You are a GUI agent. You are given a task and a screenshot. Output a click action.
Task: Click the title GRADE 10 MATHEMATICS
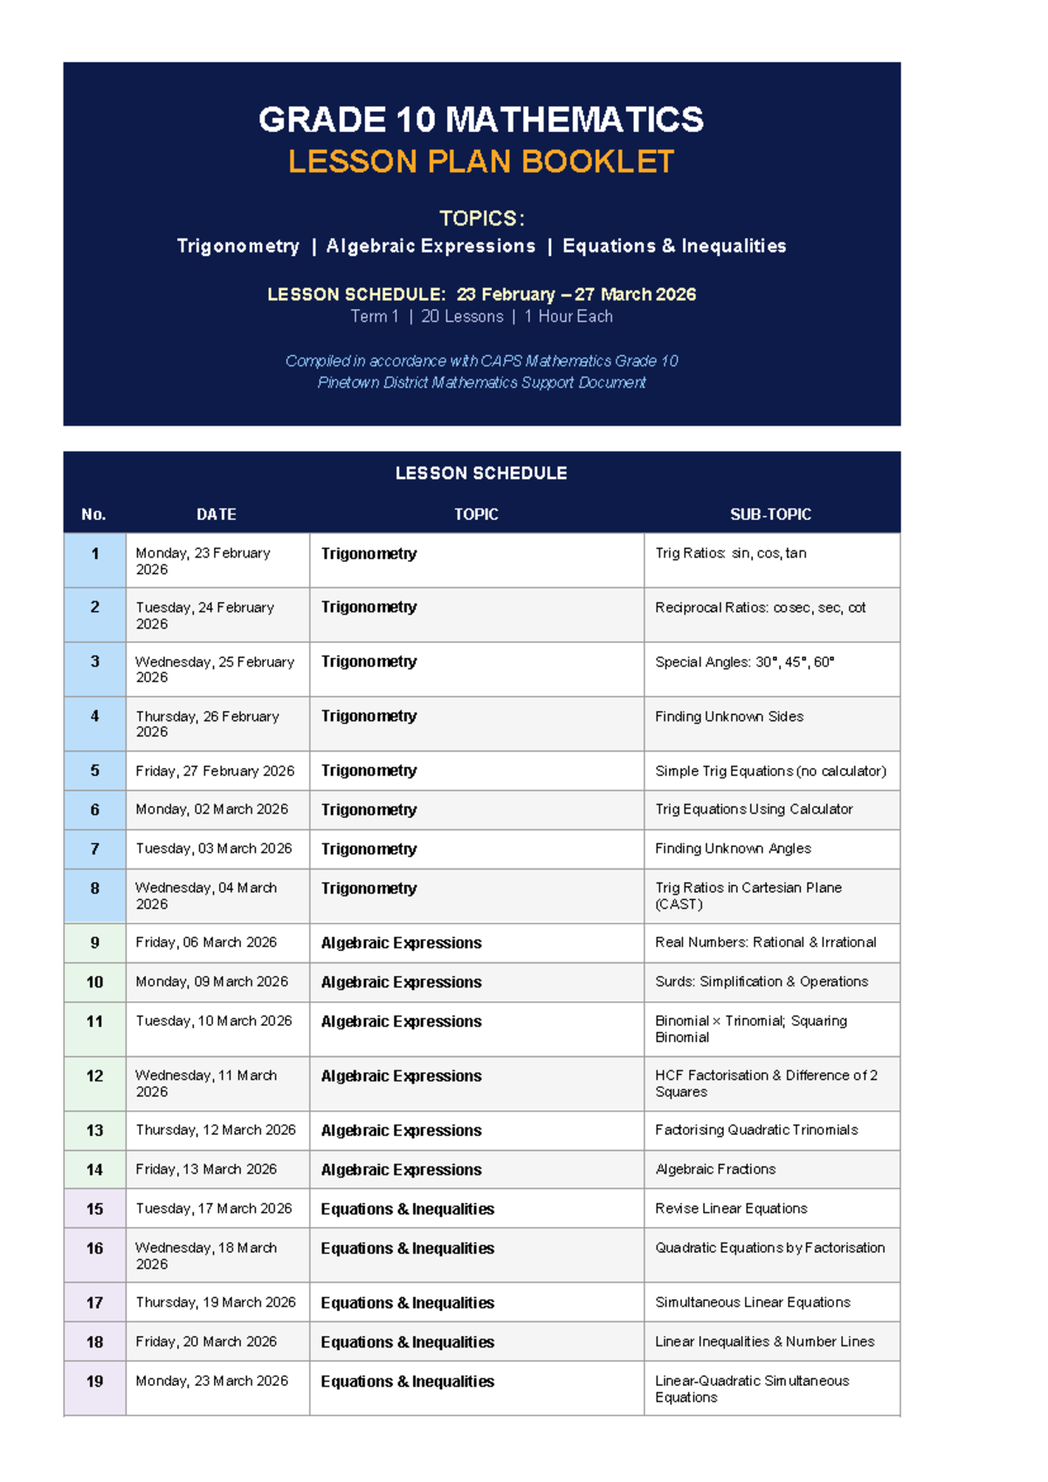pos(480,120)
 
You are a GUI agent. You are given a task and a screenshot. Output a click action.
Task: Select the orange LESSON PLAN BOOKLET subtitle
pos(480,162)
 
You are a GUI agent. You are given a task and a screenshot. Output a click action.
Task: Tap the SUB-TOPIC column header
pos(770,515)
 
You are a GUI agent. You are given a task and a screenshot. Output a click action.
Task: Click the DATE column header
pos(216,515)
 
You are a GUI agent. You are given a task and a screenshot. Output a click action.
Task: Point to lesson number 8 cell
pos(94,889)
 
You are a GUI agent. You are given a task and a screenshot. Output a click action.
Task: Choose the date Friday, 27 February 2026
pos(215,771)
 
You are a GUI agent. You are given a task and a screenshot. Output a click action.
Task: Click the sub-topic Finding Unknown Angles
pos(733,848)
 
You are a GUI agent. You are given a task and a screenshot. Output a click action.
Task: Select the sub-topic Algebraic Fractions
pos(715,1169)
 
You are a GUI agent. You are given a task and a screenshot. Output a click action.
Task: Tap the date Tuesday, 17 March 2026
pos(214,1208)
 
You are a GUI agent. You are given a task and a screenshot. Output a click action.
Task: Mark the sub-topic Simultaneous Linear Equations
pos(753,1302)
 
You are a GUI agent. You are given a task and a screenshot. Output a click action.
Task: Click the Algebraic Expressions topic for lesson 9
pos(401,943)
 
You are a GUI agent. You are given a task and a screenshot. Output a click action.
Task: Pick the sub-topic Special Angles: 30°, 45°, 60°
pos(744,662)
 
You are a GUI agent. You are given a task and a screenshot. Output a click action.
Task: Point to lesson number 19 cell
pos(94,1382)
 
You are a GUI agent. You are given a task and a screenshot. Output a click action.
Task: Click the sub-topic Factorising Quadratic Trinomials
pos(756,1130)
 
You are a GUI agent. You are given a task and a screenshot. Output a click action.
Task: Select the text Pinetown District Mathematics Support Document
pos(481,383)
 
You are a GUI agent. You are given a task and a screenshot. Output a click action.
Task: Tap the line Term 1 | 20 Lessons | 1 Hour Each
pos(481,316)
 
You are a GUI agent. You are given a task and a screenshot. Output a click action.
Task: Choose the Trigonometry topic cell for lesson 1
pos(369,554)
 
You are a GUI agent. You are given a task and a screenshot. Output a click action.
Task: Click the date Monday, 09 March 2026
pos(211,981)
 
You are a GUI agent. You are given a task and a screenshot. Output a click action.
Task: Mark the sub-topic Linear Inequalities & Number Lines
pos(764,1341)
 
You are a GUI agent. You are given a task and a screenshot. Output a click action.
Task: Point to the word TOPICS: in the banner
pos(481,218)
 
